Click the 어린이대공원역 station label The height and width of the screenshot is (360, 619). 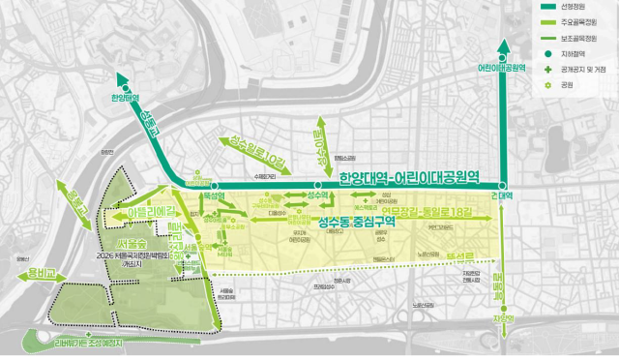coord(503,69)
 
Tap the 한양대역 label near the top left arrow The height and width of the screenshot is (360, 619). coord(125,98)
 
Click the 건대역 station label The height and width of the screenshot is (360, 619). coord(502,195)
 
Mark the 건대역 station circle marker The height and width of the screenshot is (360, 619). coord(503,185)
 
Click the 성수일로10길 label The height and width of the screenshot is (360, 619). coord(253,150)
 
